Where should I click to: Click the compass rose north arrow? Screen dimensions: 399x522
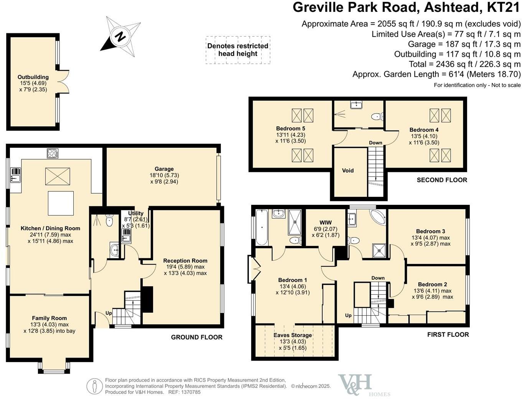pos(120,37)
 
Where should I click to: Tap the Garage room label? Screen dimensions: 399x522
pos(164,169)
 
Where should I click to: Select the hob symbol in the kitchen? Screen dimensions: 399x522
pos(53,153)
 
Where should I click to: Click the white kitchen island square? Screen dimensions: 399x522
pos(61,203)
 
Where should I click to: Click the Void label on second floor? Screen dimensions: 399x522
pos(347,170)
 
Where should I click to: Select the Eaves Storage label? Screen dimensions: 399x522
pos(293,335)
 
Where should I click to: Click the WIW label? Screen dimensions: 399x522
pos(325,223)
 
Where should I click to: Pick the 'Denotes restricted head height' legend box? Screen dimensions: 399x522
pos(238,50)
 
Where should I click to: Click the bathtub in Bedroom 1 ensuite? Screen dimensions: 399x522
pos(262,227)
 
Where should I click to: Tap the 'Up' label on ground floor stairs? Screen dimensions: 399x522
pos(109,313)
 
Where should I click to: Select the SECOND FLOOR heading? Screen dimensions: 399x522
pos(442,180)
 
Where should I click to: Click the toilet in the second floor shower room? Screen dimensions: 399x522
pos(377,116)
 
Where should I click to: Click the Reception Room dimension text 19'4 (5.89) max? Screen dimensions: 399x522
pos(185,267)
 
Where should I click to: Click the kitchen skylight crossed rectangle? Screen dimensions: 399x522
pos(58,176)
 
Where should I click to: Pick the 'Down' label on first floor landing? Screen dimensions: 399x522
pos(378,278)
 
